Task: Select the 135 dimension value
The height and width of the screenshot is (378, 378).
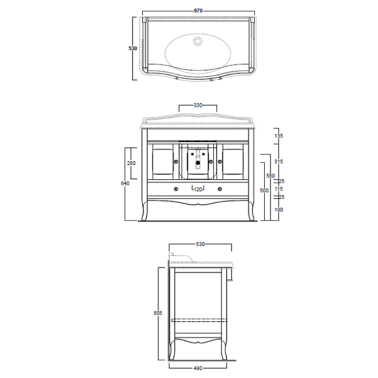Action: pyautogui.click(x=278, y=135)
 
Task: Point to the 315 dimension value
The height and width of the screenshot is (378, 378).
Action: pyautogui.click(x=278, y=162)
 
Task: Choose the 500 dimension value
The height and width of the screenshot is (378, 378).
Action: pyautogui.click(x=264, y=190)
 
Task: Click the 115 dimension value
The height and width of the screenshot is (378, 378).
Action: pyautogui.click(x=278, y=189)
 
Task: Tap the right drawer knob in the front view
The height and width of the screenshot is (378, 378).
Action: pyautogui.click(x=220, y=188)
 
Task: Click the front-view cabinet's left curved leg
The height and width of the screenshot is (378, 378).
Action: pyautogui.click(x=147, y=210)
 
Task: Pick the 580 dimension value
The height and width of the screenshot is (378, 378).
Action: pyautogui.click(x=269, y=176)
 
